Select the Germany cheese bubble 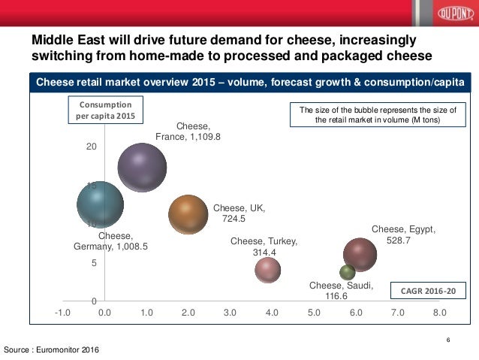(x=100, y=204)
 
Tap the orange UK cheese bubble (x=188, y=215)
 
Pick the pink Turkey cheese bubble (x=267, y=269)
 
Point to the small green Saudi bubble (x=348, y=272)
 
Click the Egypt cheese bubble (x=360, y=255)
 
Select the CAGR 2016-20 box (x=429, y=291)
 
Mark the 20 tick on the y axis (x=90, y=146)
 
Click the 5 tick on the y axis (x=92, y=263)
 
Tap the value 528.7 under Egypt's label (x=398, y=241)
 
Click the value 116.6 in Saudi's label (x=336, y=296)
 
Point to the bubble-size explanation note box (x=378, y=115)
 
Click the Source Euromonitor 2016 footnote (x=51, y=350)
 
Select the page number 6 (x=448, y=340)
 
